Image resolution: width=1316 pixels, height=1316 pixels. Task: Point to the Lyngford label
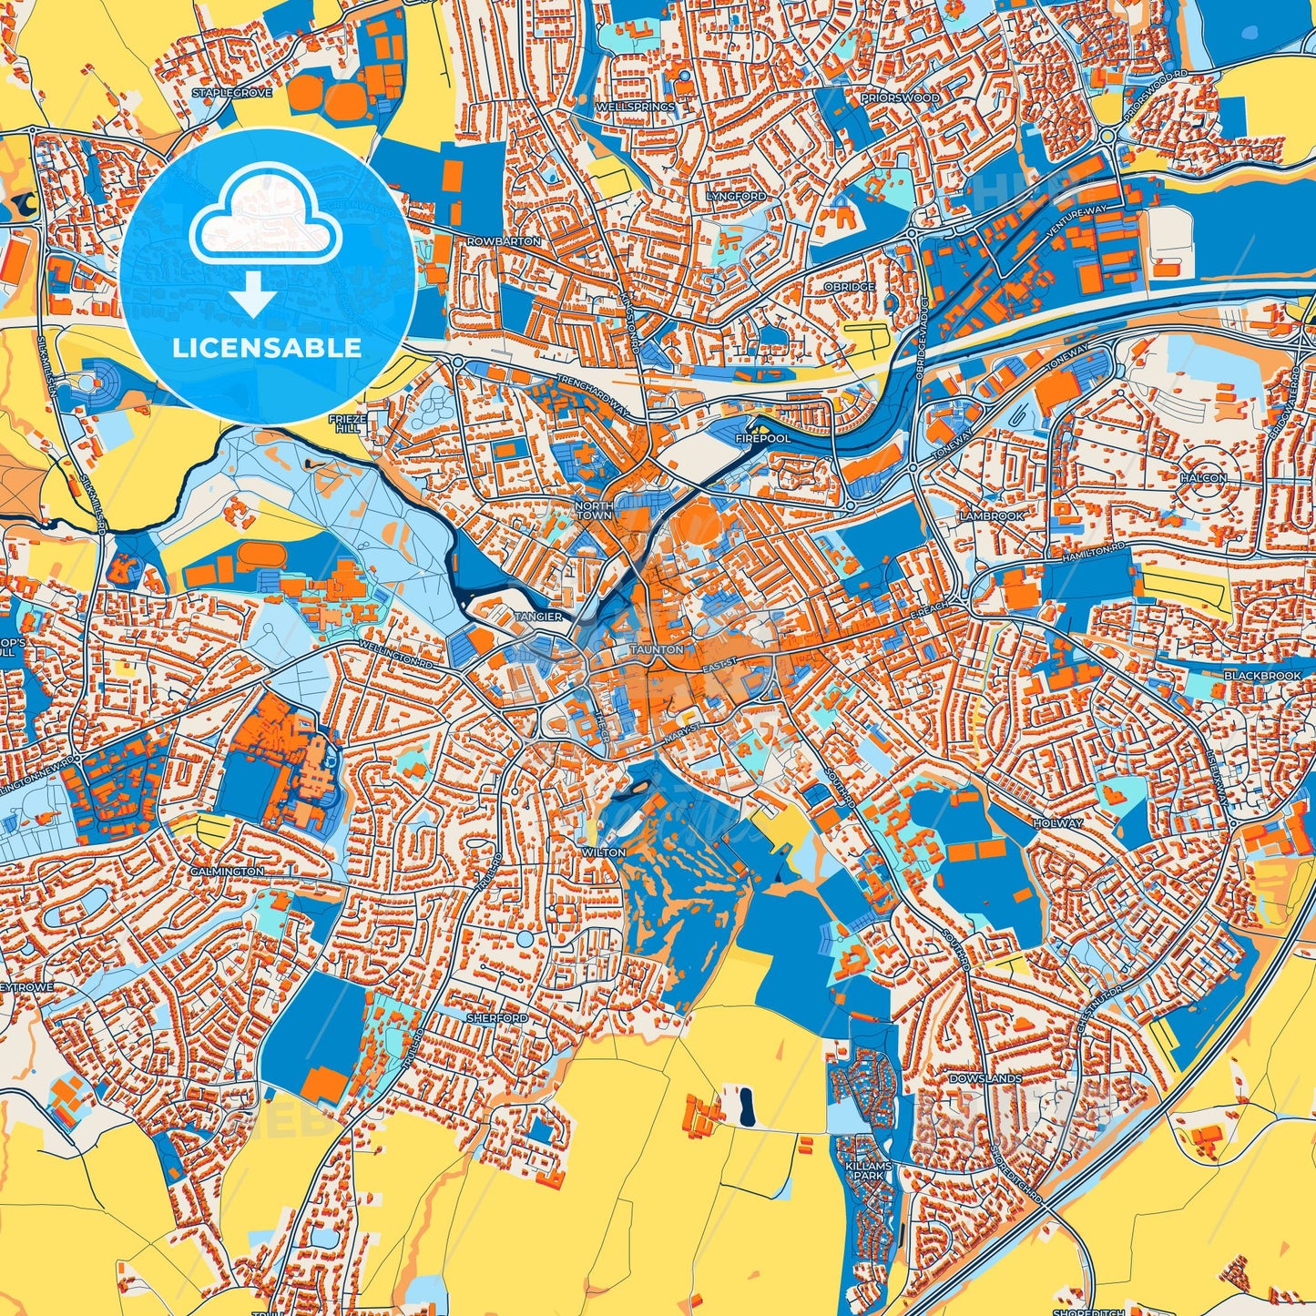pyautogui.click(x=736, y=197)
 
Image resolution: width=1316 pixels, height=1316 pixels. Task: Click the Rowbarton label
pyautogui.click(x=504, y=241)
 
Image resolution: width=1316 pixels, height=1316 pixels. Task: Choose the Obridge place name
pyautogui.click(x=849, y=287)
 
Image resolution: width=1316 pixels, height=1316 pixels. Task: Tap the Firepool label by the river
pyautogui.click(x=763, y=438)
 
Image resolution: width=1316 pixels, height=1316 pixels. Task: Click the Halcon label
pyautogui.click(x=1203, y=477)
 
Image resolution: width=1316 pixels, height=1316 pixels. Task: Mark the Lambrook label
pyautogui.click(x=991, y=515)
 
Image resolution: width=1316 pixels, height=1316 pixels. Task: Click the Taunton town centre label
pyautogui.click(x=657, y=649)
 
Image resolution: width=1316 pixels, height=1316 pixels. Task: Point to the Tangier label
pyautogui.click(x=538, y=617)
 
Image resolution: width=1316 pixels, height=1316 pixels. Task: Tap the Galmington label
pyautogui.click(x=227, y=872)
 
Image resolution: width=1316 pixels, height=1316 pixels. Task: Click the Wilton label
pyautogui.click(x=604, y=852)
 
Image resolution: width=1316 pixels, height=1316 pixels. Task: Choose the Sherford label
pyautogui.click(x=496, y=1017)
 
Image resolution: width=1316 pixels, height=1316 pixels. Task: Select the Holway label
pyautogui.click(x=1058, y=822)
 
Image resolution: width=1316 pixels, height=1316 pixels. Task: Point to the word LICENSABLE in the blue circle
pyautogui.click(x=267, y=347)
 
